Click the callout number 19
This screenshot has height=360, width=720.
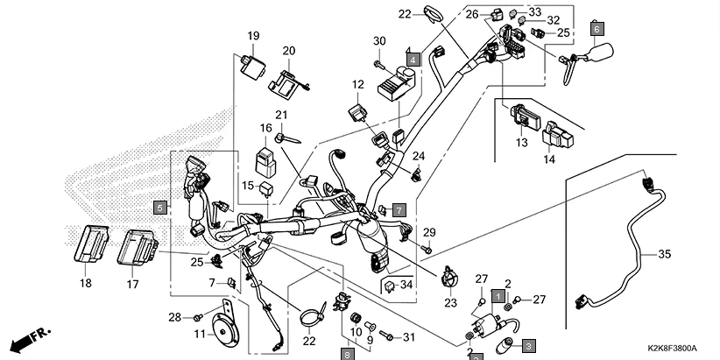[252, 36]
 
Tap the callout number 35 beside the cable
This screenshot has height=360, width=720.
[664, 255]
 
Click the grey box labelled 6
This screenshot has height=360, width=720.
[597, 27]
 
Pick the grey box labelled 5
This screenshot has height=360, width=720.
[159, 208]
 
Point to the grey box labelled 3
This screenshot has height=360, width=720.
[529, 347]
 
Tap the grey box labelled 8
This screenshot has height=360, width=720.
[348, 353]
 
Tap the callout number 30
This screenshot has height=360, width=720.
[378, 42]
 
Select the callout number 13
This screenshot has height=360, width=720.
[522, 142]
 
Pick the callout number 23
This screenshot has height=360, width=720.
[450, 303]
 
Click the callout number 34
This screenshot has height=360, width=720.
[405, 286]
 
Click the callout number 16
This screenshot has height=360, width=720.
[265, 129]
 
